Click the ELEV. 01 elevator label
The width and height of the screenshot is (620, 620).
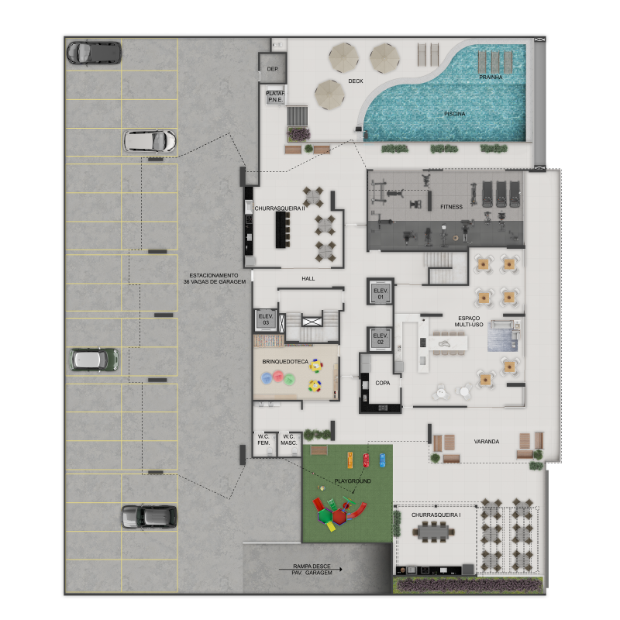pos(381,294)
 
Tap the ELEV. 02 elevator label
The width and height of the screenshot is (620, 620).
pos(380,339)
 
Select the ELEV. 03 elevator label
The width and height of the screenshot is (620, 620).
pos(266,319)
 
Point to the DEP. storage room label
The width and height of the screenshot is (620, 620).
pos(273,69)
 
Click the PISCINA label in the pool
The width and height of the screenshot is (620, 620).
pos(454,114)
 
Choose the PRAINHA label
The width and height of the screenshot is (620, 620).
pos(491,77)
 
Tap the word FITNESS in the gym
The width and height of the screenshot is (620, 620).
pos(451,207)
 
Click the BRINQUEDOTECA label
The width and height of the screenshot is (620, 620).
pos(285,361)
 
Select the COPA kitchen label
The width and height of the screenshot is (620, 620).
pos(382,383)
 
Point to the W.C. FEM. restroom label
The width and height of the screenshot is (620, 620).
pos(263,439)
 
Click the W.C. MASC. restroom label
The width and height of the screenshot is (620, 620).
pos(288,439)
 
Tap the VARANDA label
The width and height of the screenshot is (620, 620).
pos(487,441)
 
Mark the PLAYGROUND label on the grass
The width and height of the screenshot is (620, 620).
pos(353,480)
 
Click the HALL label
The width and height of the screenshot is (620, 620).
pos(308,278)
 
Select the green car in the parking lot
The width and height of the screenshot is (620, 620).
pos(94,360)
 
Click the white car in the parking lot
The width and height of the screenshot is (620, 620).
pos(150,141)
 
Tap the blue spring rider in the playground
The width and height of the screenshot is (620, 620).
pos(382,460)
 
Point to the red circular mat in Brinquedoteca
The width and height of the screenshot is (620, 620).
pos(278,376)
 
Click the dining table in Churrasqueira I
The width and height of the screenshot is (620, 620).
pos(433,532)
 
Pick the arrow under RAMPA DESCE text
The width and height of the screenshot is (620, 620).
pos(311,570)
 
